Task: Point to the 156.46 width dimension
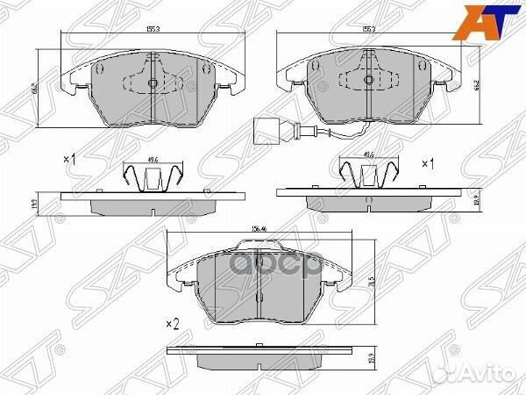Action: click(x=259, y=230)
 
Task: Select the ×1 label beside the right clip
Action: click(x=428, y=163)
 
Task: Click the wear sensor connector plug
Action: click(x=260, y=128)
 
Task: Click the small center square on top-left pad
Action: click(x=153, y=84)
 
